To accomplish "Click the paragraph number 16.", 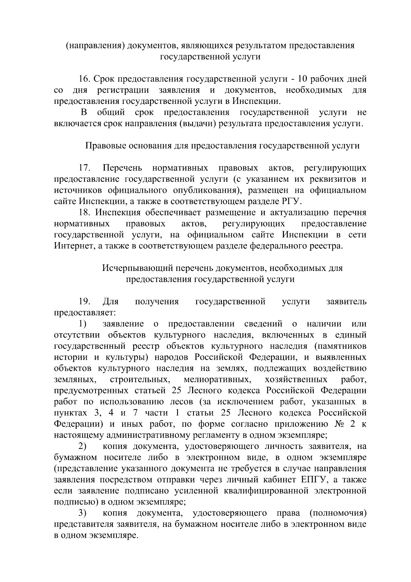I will tap(84, 79).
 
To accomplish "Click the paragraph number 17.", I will tap(84, 168).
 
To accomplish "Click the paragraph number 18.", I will tap(84, 213).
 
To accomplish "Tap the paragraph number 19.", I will tap(84, 301).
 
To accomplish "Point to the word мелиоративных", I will tap(216, 380).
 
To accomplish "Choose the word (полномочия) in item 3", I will tap(337, 513).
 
